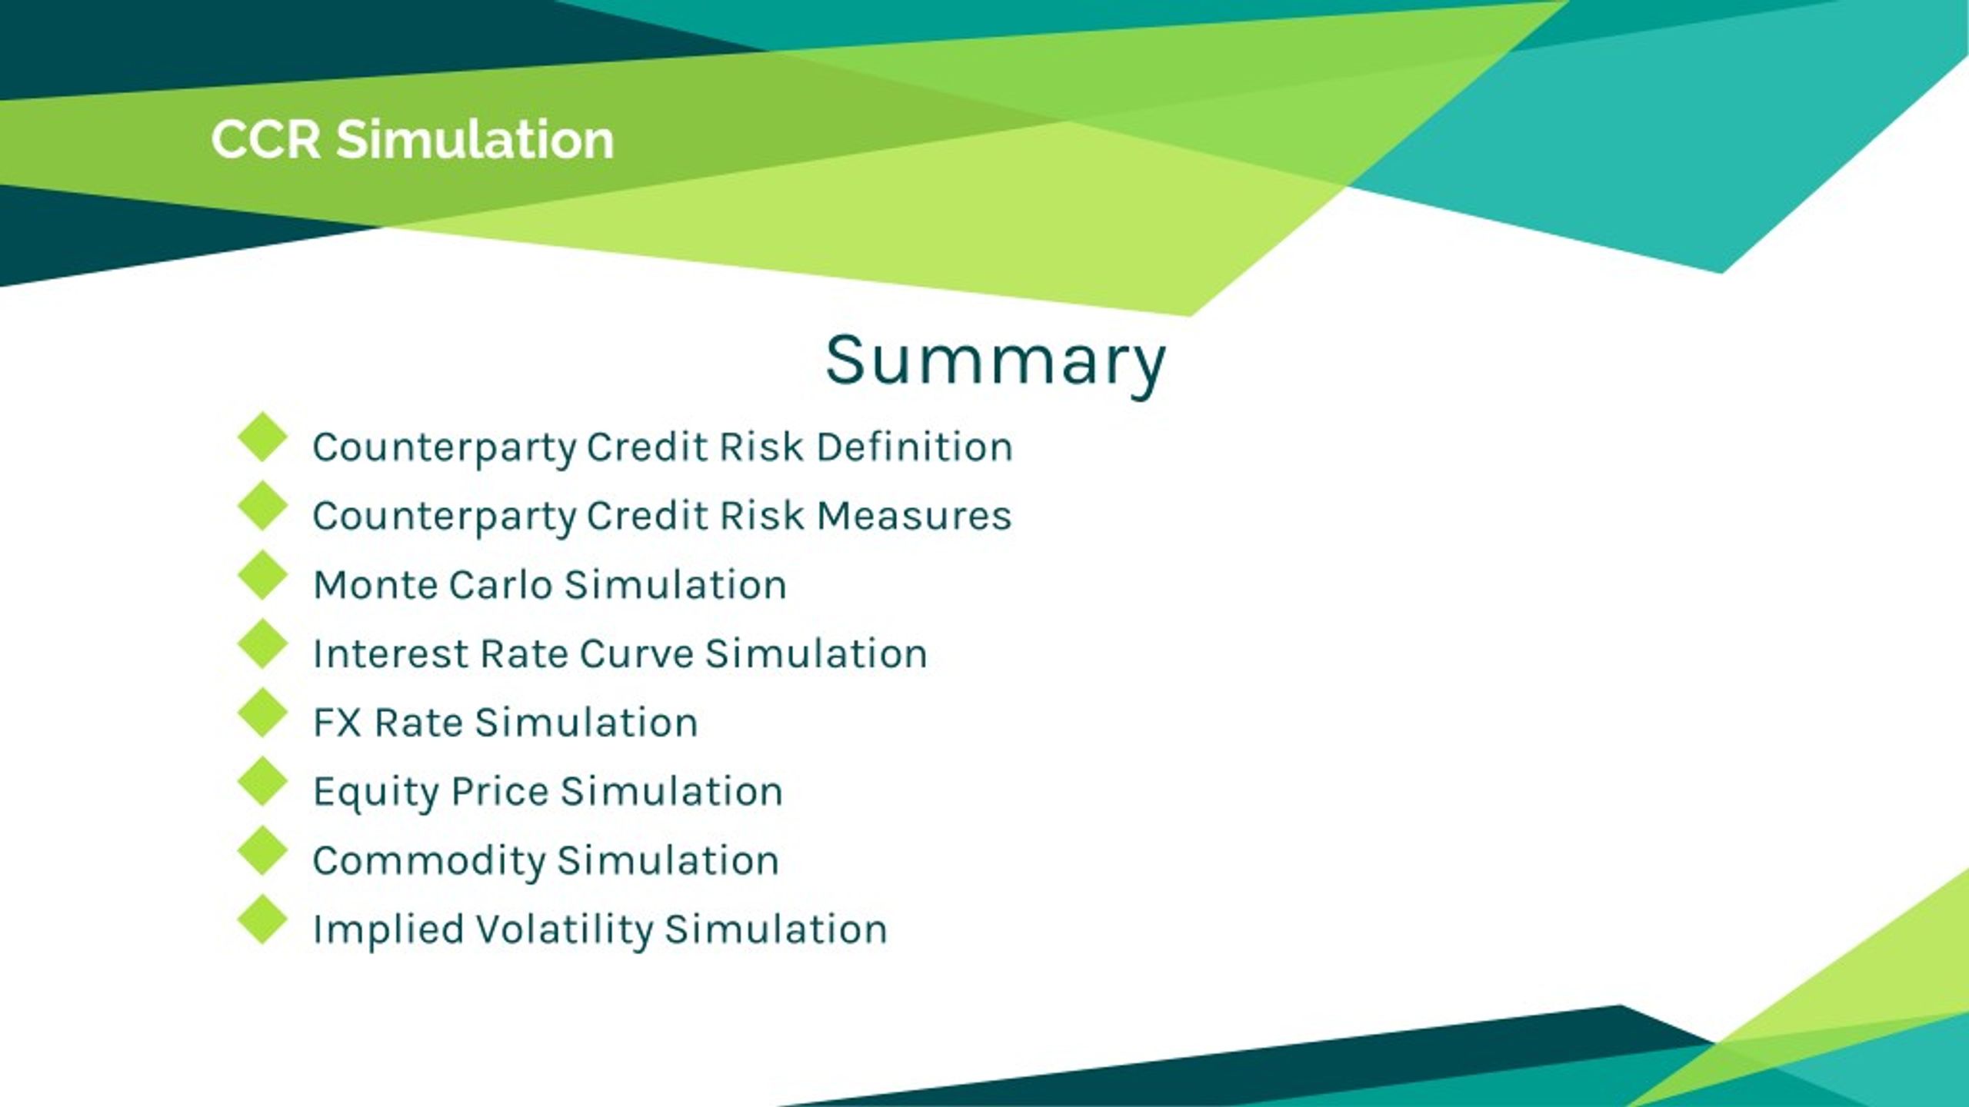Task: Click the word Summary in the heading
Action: [x=995, y=361]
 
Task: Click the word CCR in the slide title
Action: [x=265, y=140]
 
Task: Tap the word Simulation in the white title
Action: [x=475, y=140]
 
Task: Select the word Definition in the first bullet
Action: [x=914, y=447]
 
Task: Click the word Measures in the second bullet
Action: [x=914, y=516]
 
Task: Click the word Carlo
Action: [x=501, y=585]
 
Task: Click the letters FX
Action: [x=337, y=723]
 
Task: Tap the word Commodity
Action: [x=428, y=861]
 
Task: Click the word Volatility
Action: [x=564, y=930]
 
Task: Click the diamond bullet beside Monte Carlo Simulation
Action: [x=262, y=575]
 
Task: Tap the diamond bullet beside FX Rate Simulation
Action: [x=262, y=713]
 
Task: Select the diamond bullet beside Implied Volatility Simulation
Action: [x=262, y=919]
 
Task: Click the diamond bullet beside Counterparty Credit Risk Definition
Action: [x=262, y=437]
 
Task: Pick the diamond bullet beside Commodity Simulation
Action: [x=262, y=850]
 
